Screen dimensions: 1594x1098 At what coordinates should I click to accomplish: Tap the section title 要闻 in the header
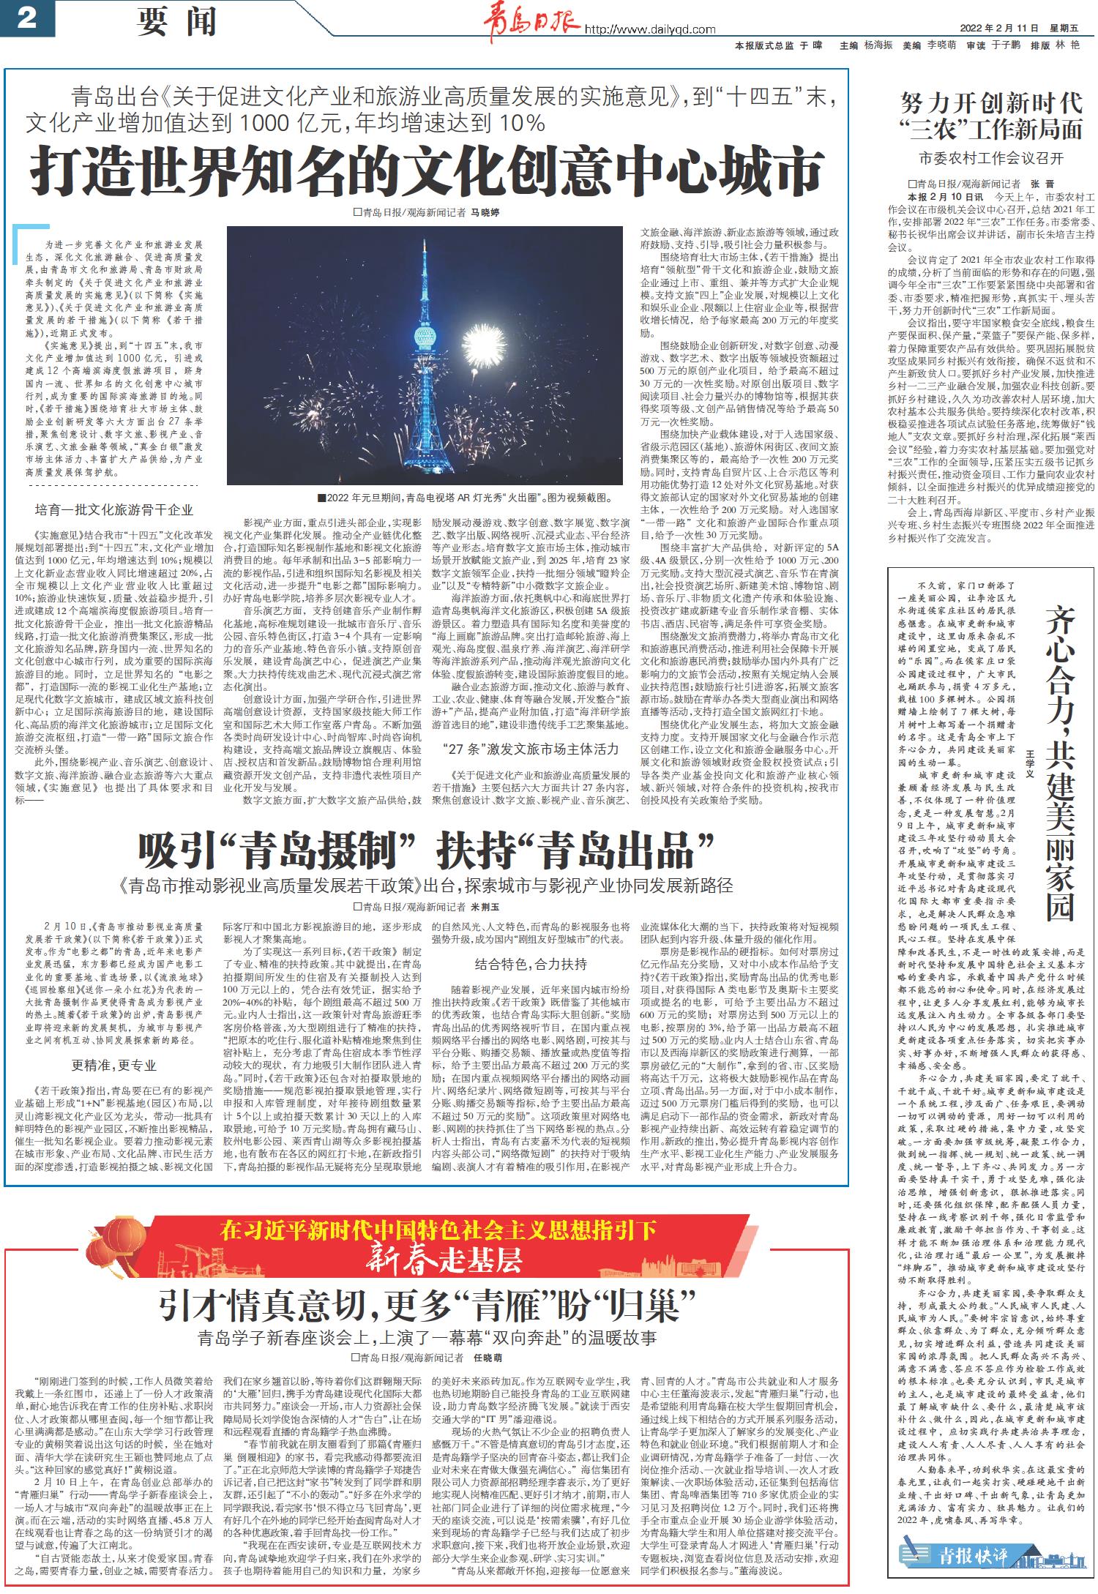coord(176,22)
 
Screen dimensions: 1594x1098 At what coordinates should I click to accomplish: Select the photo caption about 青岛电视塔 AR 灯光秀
coord(466,498)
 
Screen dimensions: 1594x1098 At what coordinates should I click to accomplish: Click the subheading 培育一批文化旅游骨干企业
coord(114,510)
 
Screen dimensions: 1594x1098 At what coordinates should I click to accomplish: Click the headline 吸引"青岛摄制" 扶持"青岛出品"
coord(427,851)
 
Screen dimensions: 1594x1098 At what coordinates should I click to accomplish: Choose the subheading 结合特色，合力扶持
coord(530,964)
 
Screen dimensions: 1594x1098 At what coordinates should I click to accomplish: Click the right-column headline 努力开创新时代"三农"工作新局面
coord(991,116)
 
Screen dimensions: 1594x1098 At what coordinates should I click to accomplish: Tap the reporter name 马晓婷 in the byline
coord(485,213)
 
